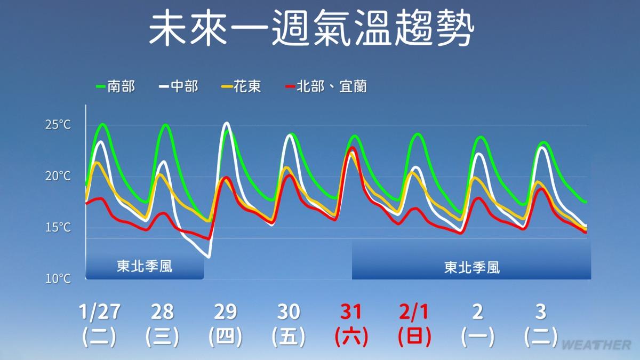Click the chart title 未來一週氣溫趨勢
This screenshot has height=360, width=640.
311,27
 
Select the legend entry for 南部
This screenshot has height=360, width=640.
115,86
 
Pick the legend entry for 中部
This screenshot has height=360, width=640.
179,86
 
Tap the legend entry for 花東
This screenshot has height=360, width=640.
242,86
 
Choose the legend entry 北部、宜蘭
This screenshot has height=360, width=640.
326,86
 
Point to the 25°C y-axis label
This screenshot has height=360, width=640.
58,125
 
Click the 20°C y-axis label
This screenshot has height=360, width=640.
58,176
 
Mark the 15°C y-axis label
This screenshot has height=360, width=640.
58,227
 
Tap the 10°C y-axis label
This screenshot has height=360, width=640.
58,278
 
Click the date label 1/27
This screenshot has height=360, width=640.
99,311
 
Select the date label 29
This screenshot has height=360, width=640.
226,311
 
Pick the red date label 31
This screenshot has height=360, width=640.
351,311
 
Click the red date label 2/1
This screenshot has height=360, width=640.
414,311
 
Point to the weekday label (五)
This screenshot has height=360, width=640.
289,337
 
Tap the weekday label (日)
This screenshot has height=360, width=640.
414,337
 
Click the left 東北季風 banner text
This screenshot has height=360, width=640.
145,266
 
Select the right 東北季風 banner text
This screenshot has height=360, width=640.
471,268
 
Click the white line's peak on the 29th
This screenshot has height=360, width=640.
227,123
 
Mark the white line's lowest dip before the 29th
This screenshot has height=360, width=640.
209,257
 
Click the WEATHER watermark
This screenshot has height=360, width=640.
597,345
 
